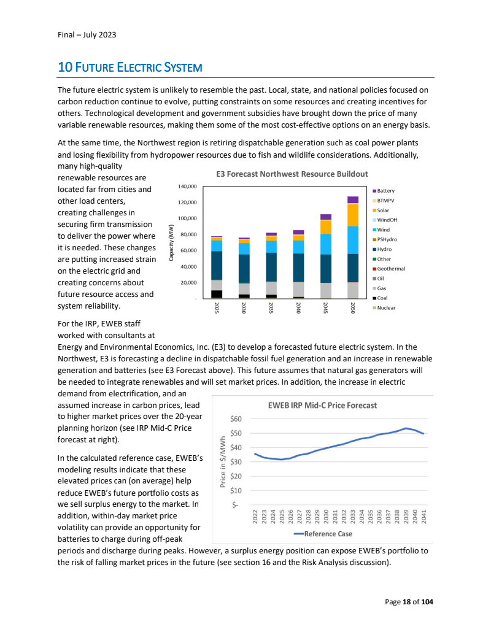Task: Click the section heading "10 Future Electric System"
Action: click(x=130, y=66)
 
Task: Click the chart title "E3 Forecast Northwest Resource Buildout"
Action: click(x=292, y=174)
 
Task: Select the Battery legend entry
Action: click(x=385, y=191)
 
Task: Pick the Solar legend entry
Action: click(x=384, y=210)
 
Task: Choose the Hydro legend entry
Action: click(x=384, y=249)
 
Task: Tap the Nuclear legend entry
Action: click(x=386, y=307)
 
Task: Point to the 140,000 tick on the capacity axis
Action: click(x=187, y=186)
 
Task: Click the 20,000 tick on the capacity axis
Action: click(x=188, y=283)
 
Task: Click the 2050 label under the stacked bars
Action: click(x=353, y=308)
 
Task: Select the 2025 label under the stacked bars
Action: click(x=217, y=308)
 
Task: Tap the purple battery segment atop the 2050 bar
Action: click(x=353, y=199)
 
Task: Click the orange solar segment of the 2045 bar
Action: click(x=325, y=227)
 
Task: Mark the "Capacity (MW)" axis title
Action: click(x=171, y=243)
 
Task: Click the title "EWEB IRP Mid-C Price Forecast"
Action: click(x=322, y=405)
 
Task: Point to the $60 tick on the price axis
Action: click(x=236, y=419)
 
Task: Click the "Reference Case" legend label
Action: click(x=328, y=534)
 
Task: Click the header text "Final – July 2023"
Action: click(x=83, y=34)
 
